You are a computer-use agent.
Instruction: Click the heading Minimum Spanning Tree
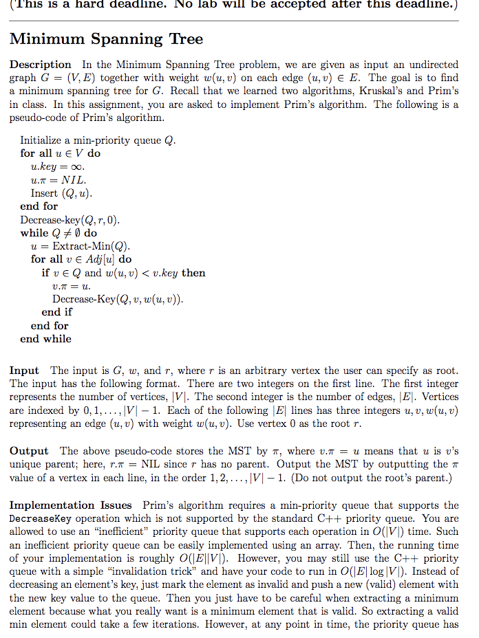[x=107, y=39]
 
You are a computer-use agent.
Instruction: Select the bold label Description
[x=40, y=65]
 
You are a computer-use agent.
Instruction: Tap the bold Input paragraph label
[x=24, y=371]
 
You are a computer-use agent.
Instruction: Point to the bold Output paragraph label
[x=29, y=451]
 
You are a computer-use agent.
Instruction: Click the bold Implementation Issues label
[x=70, y=505]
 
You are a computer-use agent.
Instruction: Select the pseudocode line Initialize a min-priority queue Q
[x=98, y=140]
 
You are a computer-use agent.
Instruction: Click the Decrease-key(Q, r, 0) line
[x=70, y=220]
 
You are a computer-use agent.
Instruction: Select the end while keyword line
[x=45, y=338]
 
